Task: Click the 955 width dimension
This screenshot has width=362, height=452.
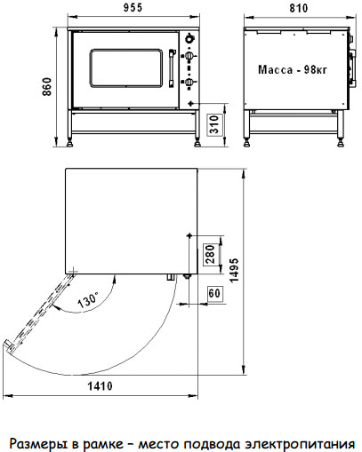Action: (133, 8)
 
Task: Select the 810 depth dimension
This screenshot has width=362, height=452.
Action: (299, 8)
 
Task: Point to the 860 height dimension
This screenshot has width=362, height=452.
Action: (47, 86)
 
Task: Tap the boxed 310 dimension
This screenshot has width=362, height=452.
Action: (214, 124)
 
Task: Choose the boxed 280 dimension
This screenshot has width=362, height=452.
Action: (210, 254)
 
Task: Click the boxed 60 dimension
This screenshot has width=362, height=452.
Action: (214, 293)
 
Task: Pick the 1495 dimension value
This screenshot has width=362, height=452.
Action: (234, 270)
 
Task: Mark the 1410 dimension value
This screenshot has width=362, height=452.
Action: (100, 386)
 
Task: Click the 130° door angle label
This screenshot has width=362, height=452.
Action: (87, 299)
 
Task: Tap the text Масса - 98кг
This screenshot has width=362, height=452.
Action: (293, 69)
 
